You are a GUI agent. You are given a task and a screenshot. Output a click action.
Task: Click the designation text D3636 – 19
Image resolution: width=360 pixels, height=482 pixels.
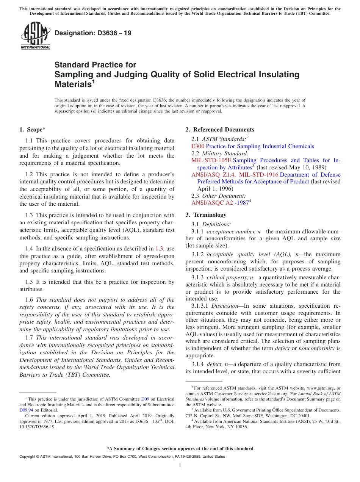[93, 33]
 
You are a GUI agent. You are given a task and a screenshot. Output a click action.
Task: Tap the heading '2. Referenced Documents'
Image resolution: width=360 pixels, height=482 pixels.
[220, 130]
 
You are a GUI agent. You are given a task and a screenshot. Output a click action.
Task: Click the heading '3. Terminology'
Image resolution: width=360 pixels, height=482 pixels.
[206, 215]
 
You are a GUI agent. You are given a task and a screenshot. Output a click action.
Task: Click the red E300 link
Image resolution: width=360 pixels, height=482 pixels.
[197, 146]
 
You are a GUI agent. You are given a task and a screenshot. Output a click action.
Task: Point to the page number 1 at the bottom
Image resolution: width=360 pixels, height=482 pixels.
[180, 466]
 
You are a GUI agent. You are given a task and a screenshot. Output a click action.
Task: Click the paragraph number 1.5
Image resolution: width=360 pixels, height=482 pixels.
[29, 282]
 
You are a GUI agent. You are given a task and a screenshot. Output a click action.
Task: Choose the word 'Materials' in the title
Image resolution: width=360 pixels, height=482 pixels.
[73, 85]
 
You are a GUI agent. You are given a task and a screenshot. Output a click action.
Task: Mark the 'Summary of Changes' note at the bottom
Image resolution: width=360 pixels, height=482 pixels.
[180, 449]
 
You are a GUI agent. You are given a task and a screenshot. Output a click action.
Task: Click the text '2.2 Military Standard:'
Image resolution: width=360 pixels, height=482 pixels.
[220, 153]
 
